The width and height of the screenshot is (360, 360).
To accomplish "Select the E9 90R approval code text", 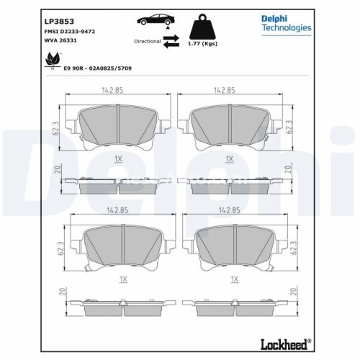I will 98,67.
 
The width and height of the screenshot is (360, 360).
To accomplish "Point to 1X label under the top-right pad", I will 230,158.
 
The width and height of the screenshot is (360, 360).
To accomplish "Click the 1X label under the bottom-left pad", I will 122,279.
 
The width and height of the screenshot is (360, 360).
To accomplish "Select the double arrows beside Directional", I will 171,42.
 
